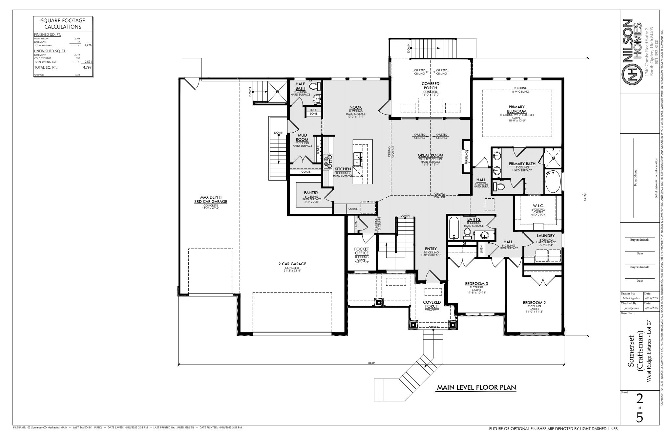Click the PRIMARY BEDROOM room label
coord(517,109)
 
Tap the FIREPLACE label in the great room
coord(466,157)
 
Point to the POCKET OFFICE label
coord(362,251)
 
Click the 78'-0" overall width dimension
coord(371,363)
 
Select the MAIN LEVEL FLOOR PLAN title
coord(476,388)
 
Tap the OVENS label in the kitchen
coord(353,208)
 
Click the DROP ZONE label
coord(313,112)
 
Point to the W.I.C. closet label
coord(538,206)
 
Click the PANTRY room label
coord(311,193)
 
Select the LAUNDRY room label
coord(546,236)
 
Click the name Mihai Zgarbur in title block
coord(631,298)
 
